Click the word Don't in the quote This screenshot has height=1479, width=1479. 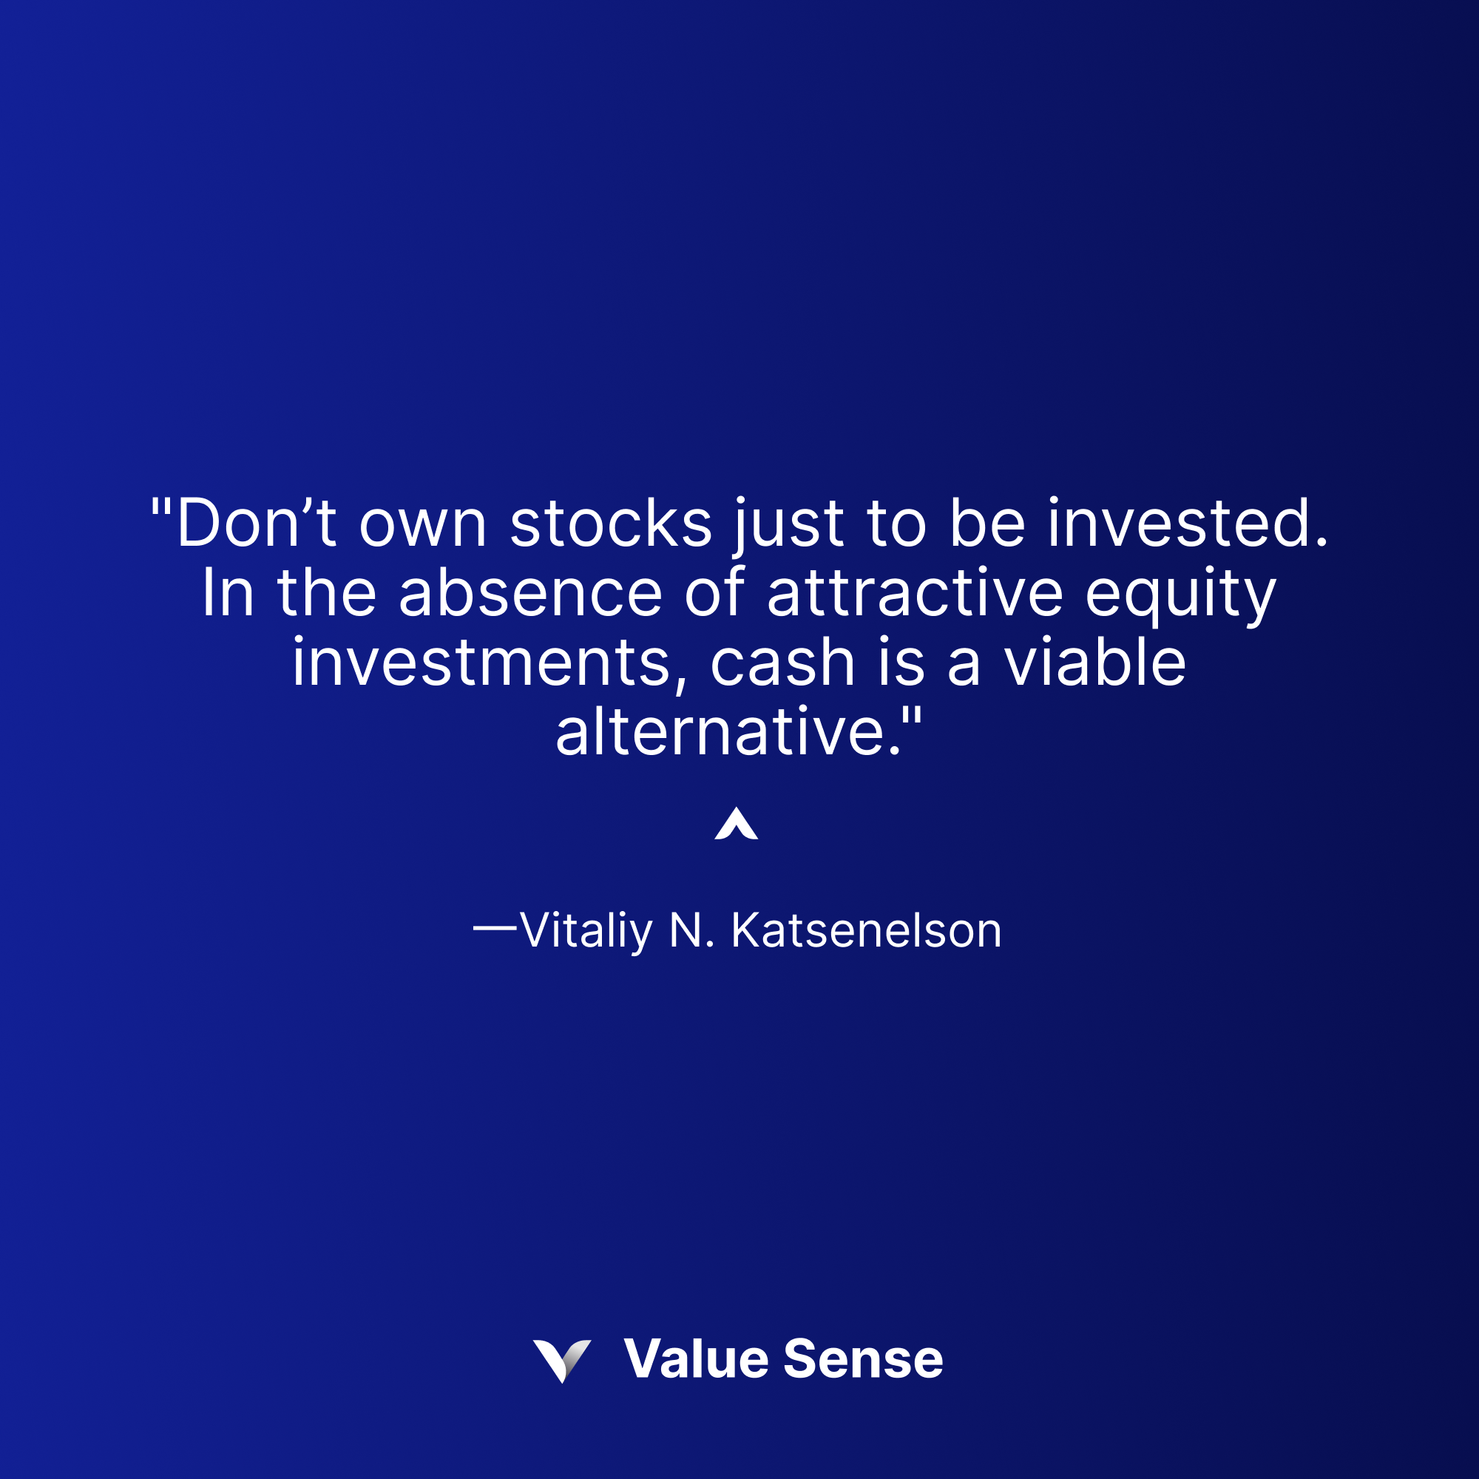pos(257,524)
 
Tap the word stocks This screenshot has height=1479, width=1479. pos(611,524)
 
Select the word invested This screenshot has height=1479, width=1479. pos(1188,524)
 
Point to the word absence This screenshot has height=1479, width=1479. pos(529,593)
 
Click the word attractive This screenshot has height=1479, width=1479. pos(915,593)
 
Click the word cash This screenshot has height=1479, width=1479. pos(782,663)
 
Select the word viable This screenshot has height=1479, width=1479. pos(1094,663)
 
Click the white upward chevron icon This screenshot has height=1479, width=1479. pos(737,825)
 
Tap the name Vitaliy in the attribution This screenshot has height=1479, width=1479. pos(586,931)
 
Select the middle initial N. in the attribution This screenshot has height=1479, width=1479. pos(692,931)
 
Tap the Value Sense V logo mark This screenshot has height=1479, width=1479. pos(563,1361)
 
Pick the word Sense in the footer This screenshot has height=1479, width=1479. pos(864,1360)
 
